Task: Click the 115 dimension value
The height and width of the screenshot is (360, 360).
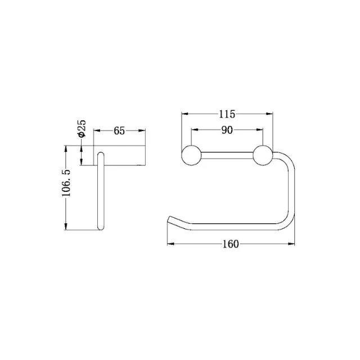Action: point(226,114)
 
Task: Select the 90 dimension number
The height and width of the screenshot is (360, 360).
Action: point(227,130)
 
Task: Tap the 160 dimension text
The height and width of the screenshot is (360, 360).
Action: point(231,244)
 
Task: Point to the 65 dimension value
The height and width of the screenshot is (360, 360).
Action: point(119,131)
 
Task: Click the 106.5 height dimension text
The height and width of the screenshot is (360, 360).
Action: point(66,187)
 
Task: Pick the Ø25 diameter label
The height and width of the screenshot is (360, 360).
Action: point(82,128)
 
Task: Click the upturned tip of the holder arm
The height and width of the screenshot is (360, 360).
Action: point(169,219)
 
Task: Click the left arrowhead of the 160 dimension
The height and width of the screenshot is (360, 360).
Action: point(171,244)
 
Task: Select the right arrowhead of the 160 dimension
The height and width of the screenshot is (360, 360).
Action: point(293,244)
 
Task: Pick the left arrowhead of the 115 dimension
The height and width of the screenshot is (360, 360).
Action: point(183,114)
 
